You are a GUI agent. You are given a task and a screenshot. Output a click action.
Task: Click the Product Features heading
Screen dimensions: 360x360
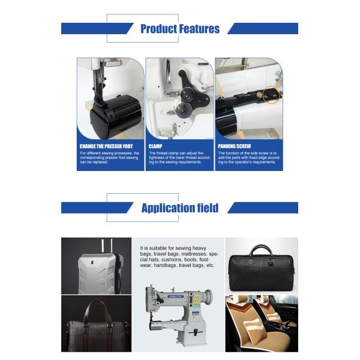coord(180,29)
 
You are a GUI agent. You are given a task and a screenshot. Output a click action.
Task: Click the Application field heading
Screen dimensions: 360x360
coord(180,208)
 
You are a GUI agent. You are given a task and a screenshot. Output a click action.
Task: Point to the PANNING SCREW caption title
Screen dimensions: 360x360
coord(233,146)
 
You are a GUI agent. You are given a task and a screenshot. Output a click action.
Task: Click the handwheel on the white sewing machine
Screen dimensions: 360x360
coord(209,298)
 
